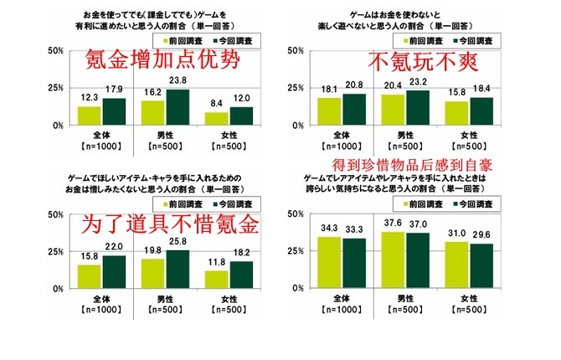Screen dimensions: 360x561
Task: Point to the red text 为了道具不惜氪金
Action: pyautogui.click(x=167, y=224)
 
